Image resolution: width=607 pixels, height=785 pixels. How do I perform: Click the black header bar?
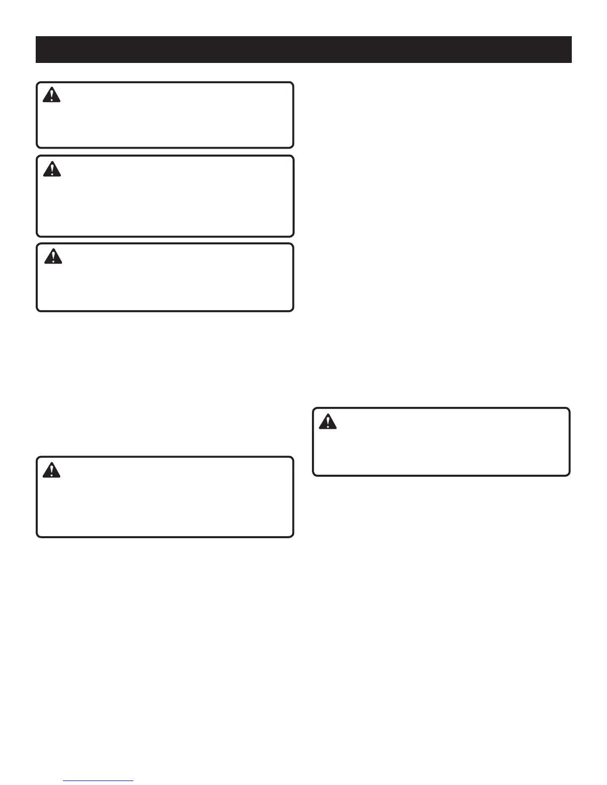pyautogui.click(x=303, y=50)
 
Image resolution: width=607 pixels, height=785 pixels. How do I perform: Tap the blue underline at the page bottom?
pyautogui.click(x=99, y=781)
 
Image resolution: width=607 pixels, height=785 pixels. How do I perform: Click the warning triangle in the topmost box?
pyautogui.click(x=52, y=95)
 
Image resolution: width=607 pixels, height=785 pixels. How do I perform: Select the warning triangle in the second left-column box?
pyautogui.click(x=52, y=169)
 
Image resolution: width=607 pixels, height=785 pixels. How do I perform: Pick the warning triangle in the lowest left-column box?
pyautogui.click(x=52, y=470)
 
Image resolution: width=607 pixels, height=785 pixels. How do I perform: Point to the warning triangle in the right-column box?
pyautogui.click(x=328, y=421)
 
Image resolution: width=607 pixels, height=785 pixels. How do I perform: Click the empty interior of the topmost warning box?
pyautogui.click(x=174, y=119)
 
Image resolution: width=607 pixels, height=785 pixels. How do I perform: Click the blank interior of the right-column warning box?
pyautogui.click(x=446, y=446)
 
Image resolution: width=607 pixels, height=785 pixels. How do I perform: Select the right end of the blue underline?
pyautogui.click(x=133, y=781)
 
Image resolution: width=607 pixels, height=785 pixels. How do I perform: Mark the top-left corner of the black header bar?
pyautogui.click(x=36, y=36)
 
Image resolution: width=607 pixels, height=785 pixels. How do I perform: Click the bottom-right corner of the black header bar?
pyautogui.click(x=571, y=62)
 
